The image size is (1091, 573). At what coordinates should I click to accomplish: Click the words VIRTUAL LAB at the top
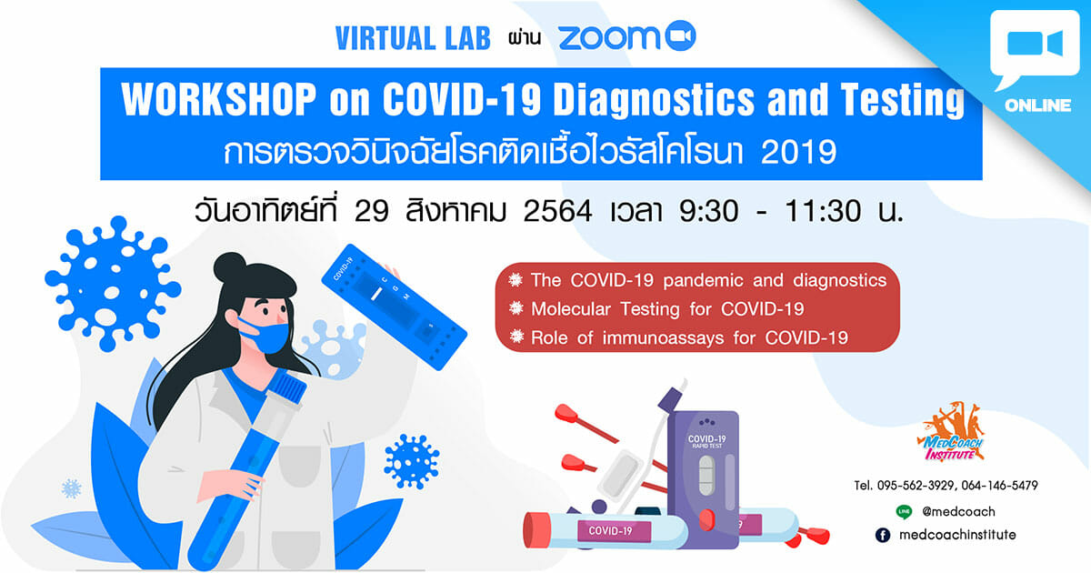(413, 38)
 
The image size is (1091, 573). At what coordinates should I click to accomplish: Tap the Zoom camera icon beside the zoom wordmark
(680, 35)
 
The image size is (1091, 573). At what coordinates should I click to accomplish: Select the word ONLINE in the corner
(1037, 106)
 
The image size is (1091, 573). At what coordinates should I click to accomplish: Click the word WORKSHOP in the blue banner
(219, 99)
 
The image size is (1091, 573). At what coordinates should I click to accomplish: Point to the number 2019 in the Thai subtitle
(798, 152)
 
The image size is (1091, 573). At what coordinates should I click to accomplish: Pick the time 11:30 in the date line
(823, 211)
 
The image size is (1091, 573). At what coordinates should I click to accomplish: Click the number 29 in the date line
(371, 211)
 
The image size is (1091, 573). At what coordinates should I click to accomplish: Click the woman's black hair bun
(230, 266)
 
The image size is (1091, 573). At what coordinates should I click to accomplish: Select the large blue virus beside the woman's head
(112, 283)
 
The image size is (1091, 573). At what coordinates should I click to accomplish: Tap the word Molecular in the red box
(571, 309)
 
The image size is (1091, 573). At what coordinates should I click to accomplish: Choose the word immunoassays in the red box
(663, 337)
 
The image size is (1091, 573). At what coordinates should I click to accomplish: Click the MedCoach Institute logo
(951, 432)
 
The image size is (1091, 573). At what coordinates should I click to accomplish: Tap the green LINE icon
(904, 511)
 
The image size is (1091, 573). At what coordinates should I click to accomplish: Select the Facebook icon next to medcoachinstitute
(883, 535)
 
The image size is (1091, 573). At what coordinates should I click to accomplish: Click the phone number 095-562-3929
(916, 486)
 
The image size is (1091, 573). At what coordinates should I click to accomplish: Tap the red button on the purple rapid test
(706, 520)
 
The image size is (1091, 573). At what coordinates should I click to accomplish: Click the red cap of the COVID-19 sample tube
(535, 529)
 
